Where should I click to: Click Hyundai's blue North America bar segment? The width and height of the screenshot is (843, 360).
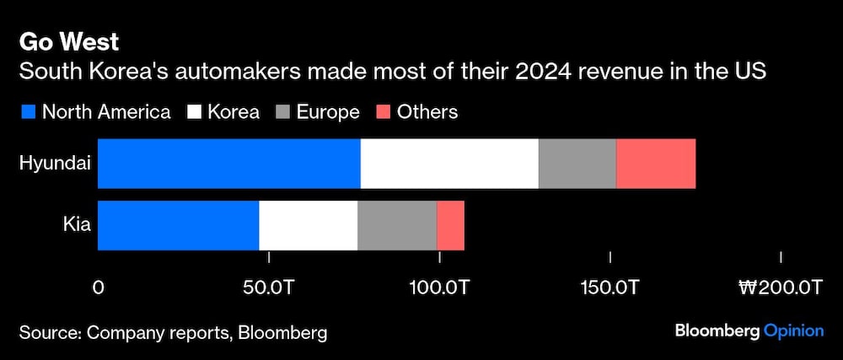[x=228, y=164]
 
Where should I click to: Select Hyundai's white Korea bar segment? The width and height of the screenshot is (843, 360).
[x=449, y=164]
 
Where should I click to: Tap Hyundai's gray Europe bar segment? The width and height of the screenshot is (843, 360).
[x=577, y=164]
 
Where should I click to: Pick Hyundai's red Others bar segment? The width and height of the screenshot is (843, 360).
[x=656, y=164]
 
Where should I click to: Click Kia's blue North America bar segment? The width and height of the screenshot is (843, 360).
[x=178, y=225]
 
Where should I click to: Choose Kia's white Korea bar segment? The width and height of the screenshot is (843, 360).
[x=308, y=225]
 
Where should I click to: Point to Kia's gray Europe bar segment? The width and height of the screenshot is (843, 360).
[x=397, y=225]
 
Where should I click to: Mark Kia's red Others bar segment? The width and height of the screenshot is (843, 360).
[x=450, y=225]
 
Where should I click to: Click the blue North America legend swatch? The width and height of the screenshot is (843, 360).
[x=28, y=112]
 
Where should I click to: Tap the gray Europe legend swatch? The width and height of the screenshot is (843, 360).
[x=282, y=112]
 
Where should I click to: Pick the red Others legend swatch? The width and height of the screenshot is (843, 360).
[x=382, y=112]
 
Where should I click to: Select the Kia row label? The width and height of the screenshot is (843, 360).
[x=77, y=225]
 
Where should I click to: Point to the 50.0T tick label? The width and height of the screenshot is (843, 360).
[x=269, y=287]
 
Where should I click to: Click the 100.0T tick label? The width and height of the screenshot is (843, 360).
[x=439, y=287]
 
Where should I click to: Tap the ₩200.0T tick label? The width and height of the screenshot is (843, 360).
[x=780, y=287]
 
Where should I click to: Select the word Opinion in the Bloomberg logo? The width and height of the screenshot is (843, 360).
[x=793, y=330]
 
